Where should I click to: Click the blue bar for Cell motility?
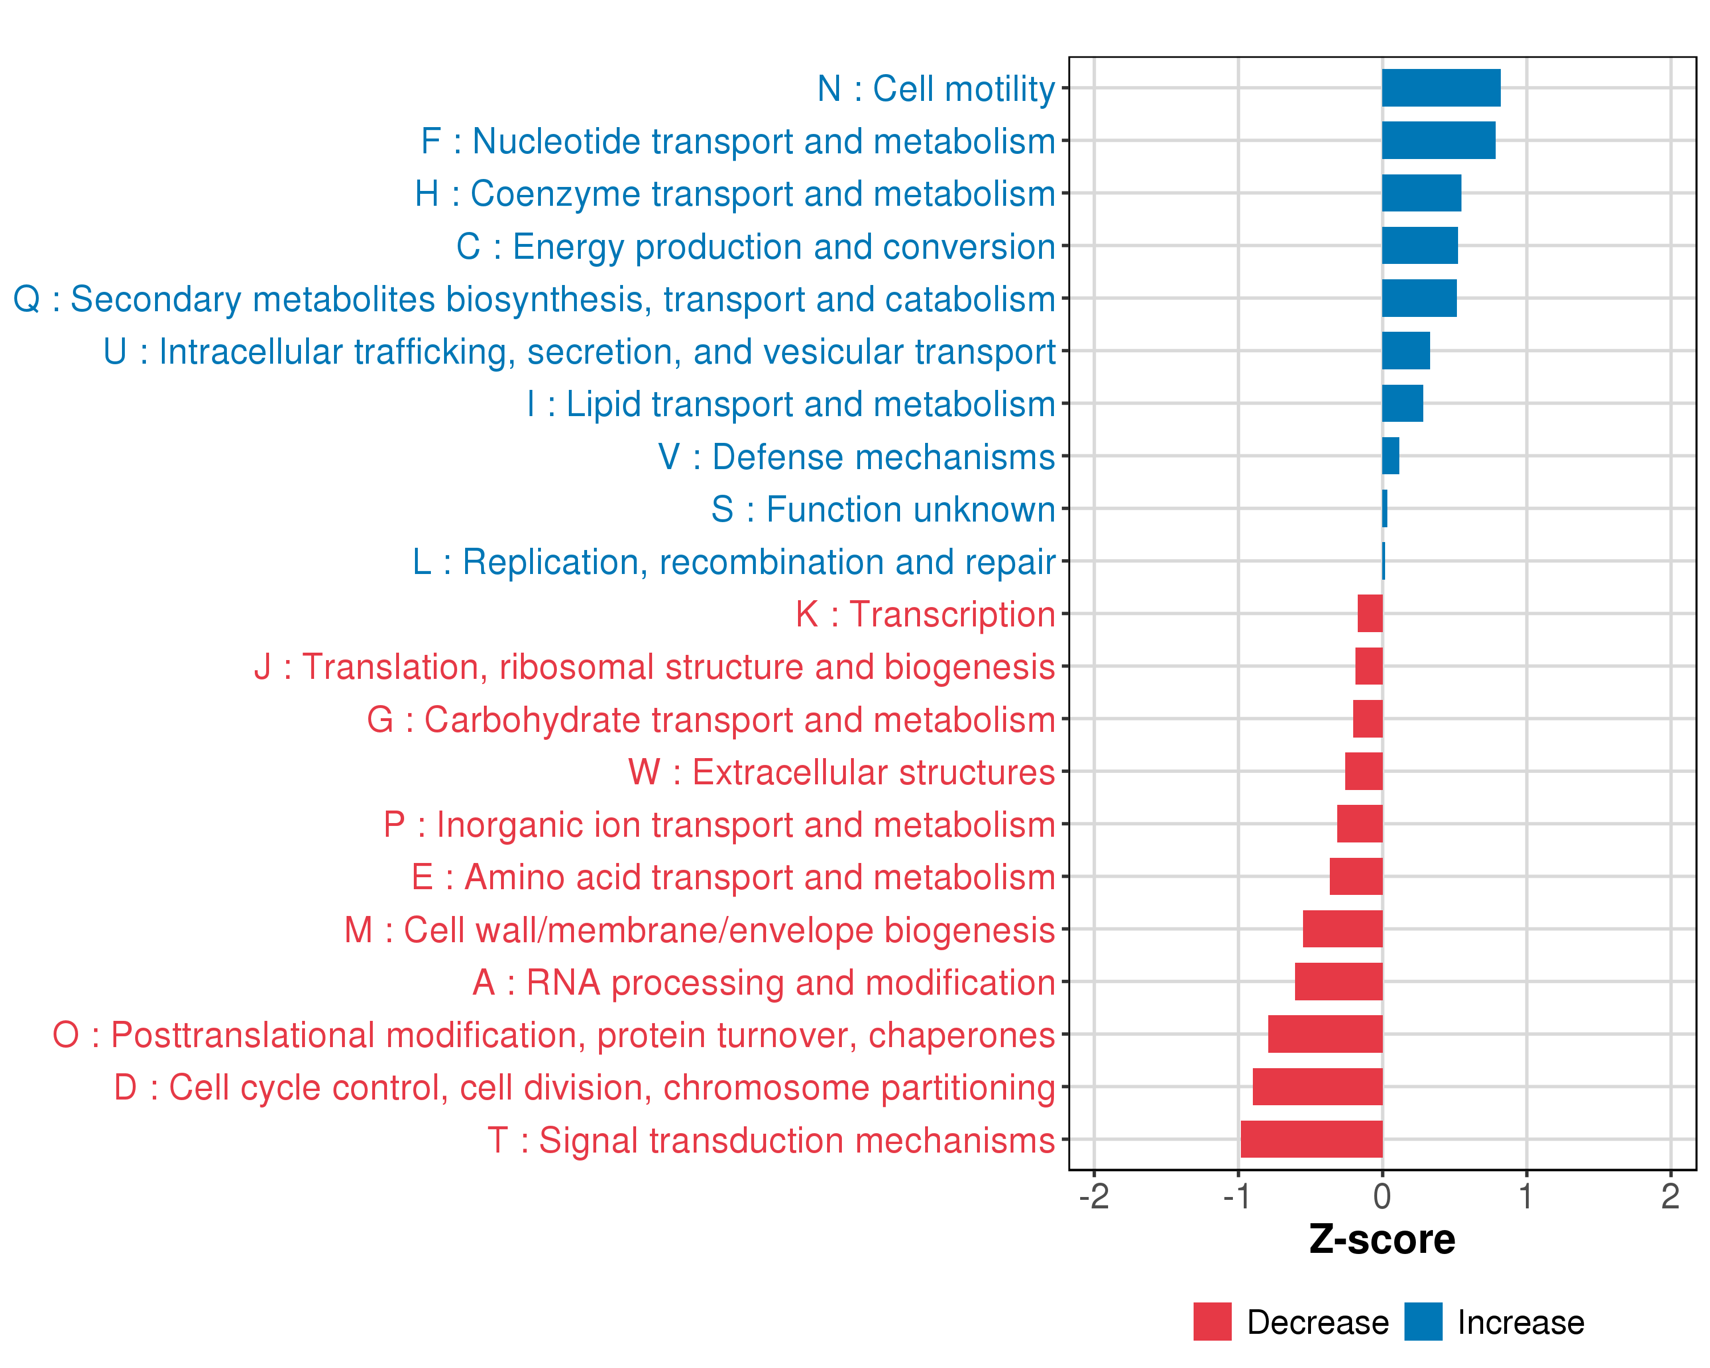click(1440, 88)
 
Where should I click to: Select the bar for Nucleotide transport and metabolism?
click(1438, 140)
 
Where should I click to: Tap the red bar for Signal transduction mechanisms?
click(1311, 1139)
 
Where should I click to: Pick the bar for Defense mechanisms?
click(1390, 456)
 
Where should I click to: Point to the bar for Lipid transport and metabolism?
click(1402, 404)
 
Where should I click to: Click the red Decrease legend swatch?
click(1212, 1321)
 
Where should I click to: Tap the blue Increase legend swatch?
click(1423, 1321)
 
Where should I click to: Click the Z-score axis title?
click(1382, 1240)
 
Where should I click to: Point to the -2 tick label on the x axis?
click(1094, 1196)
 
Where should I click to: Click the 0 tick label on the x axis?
click(1382, 1196)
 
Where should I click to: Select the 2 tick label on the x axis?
click(1670, 1196)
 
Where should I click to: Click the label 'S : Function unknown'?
click(883, 509)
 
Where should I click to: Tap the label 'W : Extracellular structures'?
click(841, 772)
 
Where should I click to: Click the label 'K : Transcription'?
click(925, 614)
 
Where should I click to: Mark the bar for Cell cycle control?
click(1317, 1086)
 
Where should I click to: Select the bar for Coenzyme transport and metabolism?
click(1422, 193)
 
